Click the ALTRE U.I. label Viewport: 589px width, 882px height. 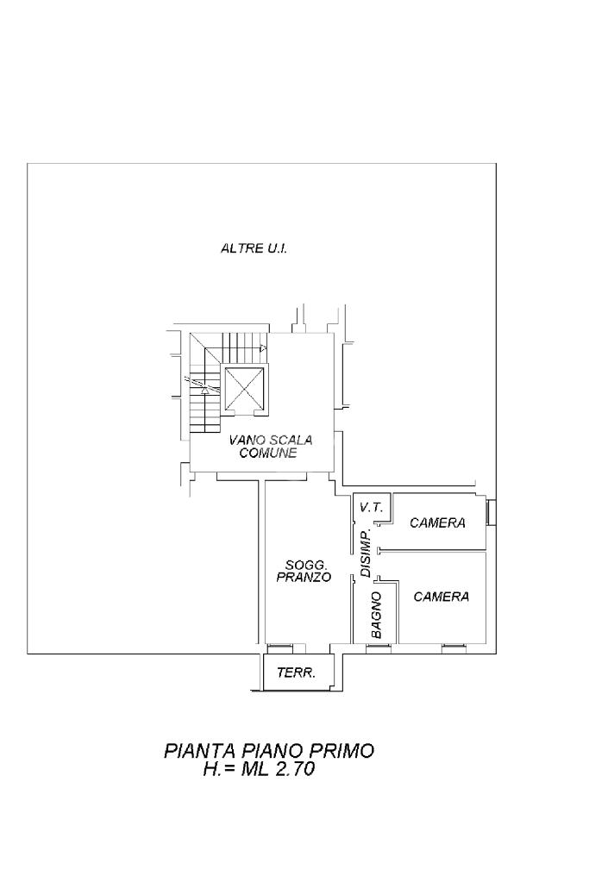[x=254, y=248]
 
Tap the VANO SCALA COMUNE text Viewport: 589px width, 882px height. [x=269, y=446]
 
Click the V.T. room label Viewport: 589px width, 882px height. [x=371, y=508]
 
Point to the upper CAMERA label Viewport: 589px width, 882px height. [x=437, y=522]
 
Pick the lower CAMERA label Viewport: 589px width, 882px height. [x=441, y=597]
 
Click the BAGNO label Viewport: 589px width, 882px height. [x=376, y=614]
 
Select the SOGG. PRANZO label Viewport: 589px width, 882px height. [x=304, y=572]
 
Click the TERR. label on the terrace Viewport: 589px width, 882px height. [x=295, y=673]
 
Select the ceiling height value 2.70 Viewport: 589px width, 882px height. [x=295, y=769]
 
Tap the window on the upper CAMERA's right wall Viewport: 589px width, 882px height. [x=490, y=512]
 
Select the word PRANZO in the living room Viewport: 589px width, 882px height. [x=304, y=579]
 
